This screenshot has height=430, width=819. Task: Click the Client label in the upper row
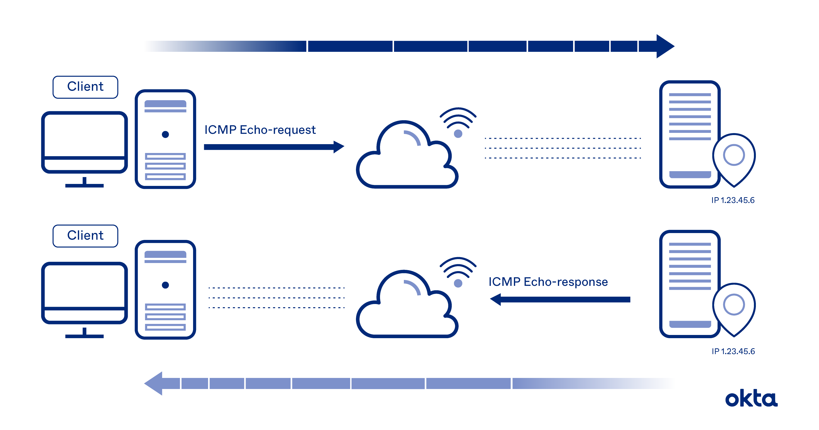coord(85,87)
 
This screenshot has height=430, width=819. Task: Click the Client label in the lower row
coord(85,236)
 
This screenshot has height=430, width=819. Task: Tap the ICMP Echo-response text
coord(548,282)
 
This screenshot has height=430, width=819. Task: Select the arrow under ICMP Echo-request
coord(273,147)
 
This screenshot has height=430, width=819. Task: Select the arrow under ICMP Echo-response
coord(560,299)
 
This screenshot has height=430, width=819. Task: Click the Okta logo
coord(751,399)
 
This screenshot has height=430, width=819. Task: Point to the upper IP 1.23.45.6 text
coord(733,200)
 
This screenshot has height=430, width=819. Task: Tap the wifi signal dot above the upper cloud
coord(458,134)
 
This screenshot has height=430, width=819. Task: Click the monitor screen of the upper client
coord(84,135)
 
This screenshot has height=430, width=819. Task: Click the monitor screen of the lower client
coord(84,286)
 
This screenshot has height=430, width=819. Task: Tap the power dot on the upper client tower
coord(165,134)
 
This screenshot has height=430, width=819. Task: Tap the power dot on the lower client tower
coord(165,285)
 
